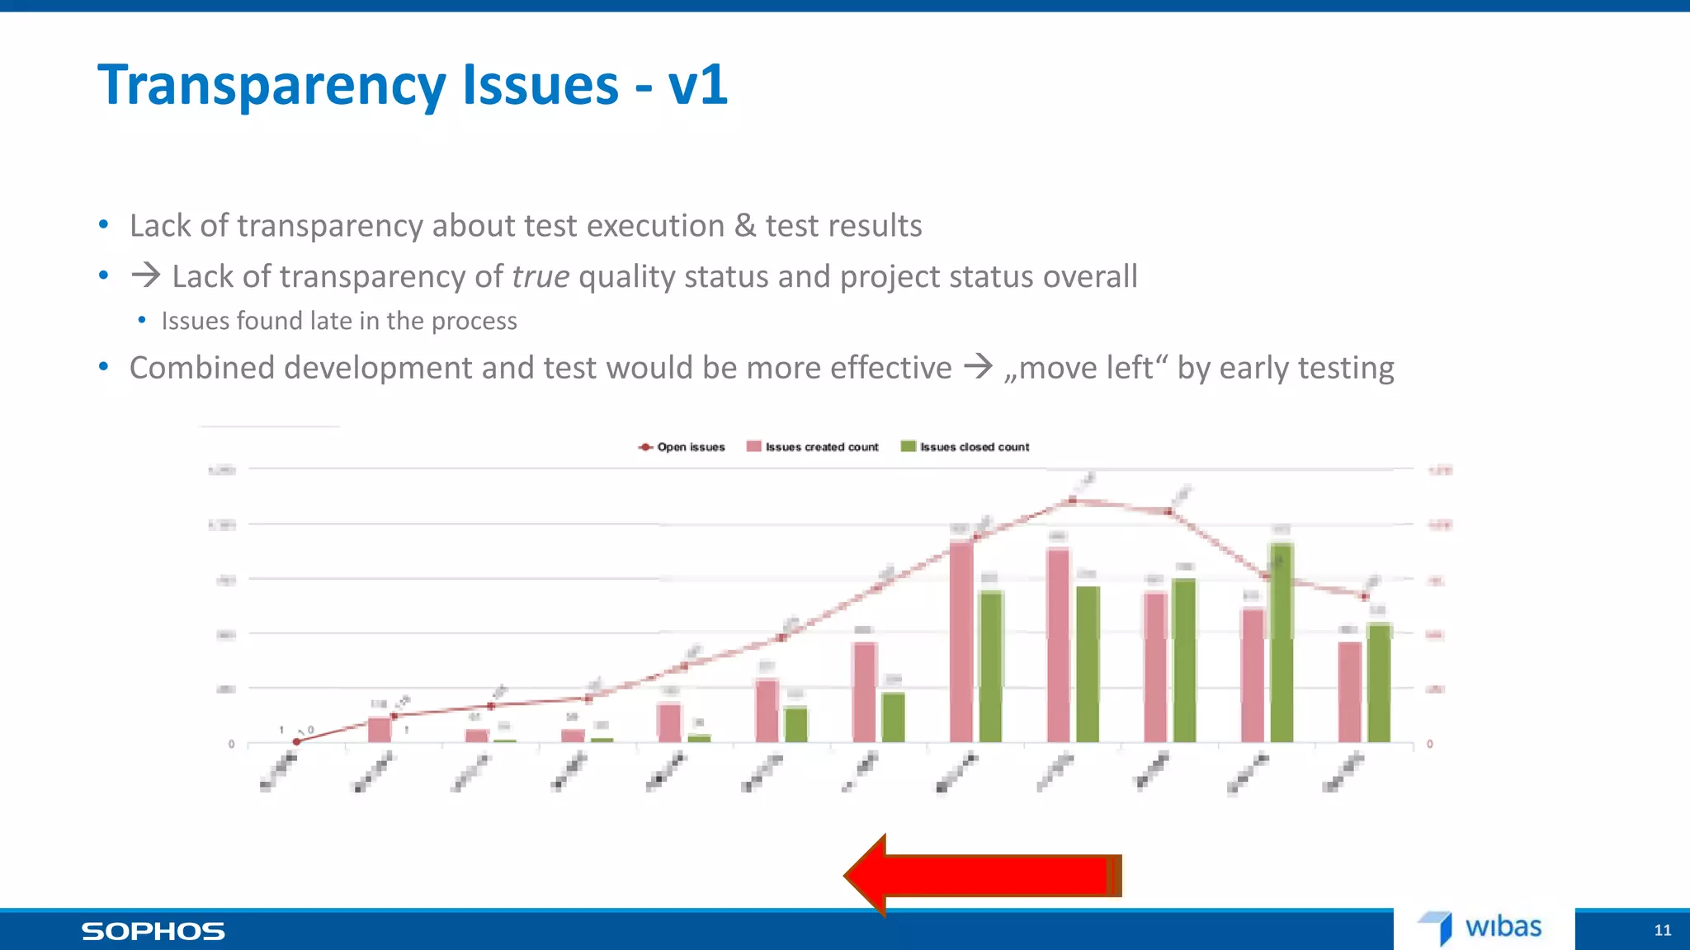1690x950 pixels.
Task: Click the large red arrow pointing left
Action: pos(982,876)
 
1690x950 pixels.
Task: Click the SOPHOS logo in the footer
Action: pos(153,932)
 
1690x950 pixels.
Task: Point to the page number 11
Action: pos(1662,930)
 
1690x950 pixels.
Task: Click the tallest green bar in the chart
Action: pos(1281,643)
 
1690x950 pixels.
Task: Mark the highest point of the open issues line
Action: pos(1072,500)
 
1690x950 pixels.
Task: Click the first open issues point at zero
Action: pos(297,741)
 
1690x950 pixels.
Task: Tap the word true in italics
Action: pos(541,276)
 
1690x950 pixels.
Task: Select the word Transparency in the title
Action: pos(272,84)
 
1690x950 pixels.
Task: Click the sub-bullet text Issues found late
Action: pos(338,321)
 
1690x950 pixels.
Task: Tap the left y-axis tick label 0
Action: pos(231,744)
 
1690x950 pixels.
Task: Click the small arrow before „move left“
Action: pos(979,366)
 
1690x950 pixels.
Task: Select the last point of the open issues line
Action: pos(1364,596)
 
